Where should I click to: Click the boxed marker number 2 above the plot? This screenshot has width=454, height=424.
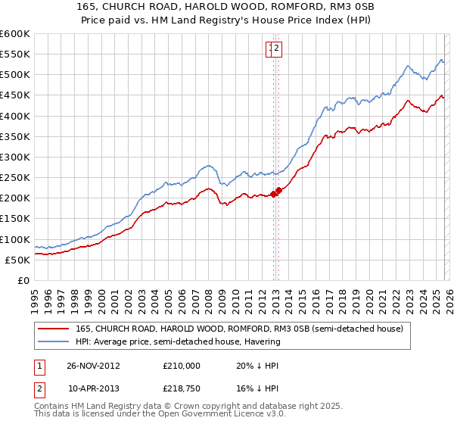[277, 49]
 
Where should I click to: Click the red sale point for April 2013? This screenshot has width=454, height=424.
[278, 190]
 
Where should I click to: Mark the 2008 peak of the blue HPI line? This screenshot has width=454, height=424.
[207, 165]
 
